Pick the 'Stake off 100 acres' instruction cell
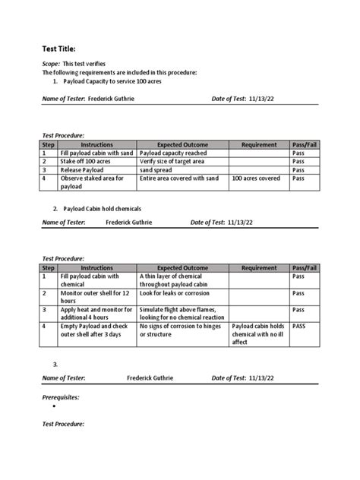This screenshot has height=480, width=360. [x=86, y=161]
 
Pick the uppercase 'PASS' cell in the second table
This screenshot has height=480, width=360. [x=300, y=326]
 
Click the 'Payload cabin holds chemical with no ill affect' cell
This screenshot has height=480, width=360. [x=258, y=333]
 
